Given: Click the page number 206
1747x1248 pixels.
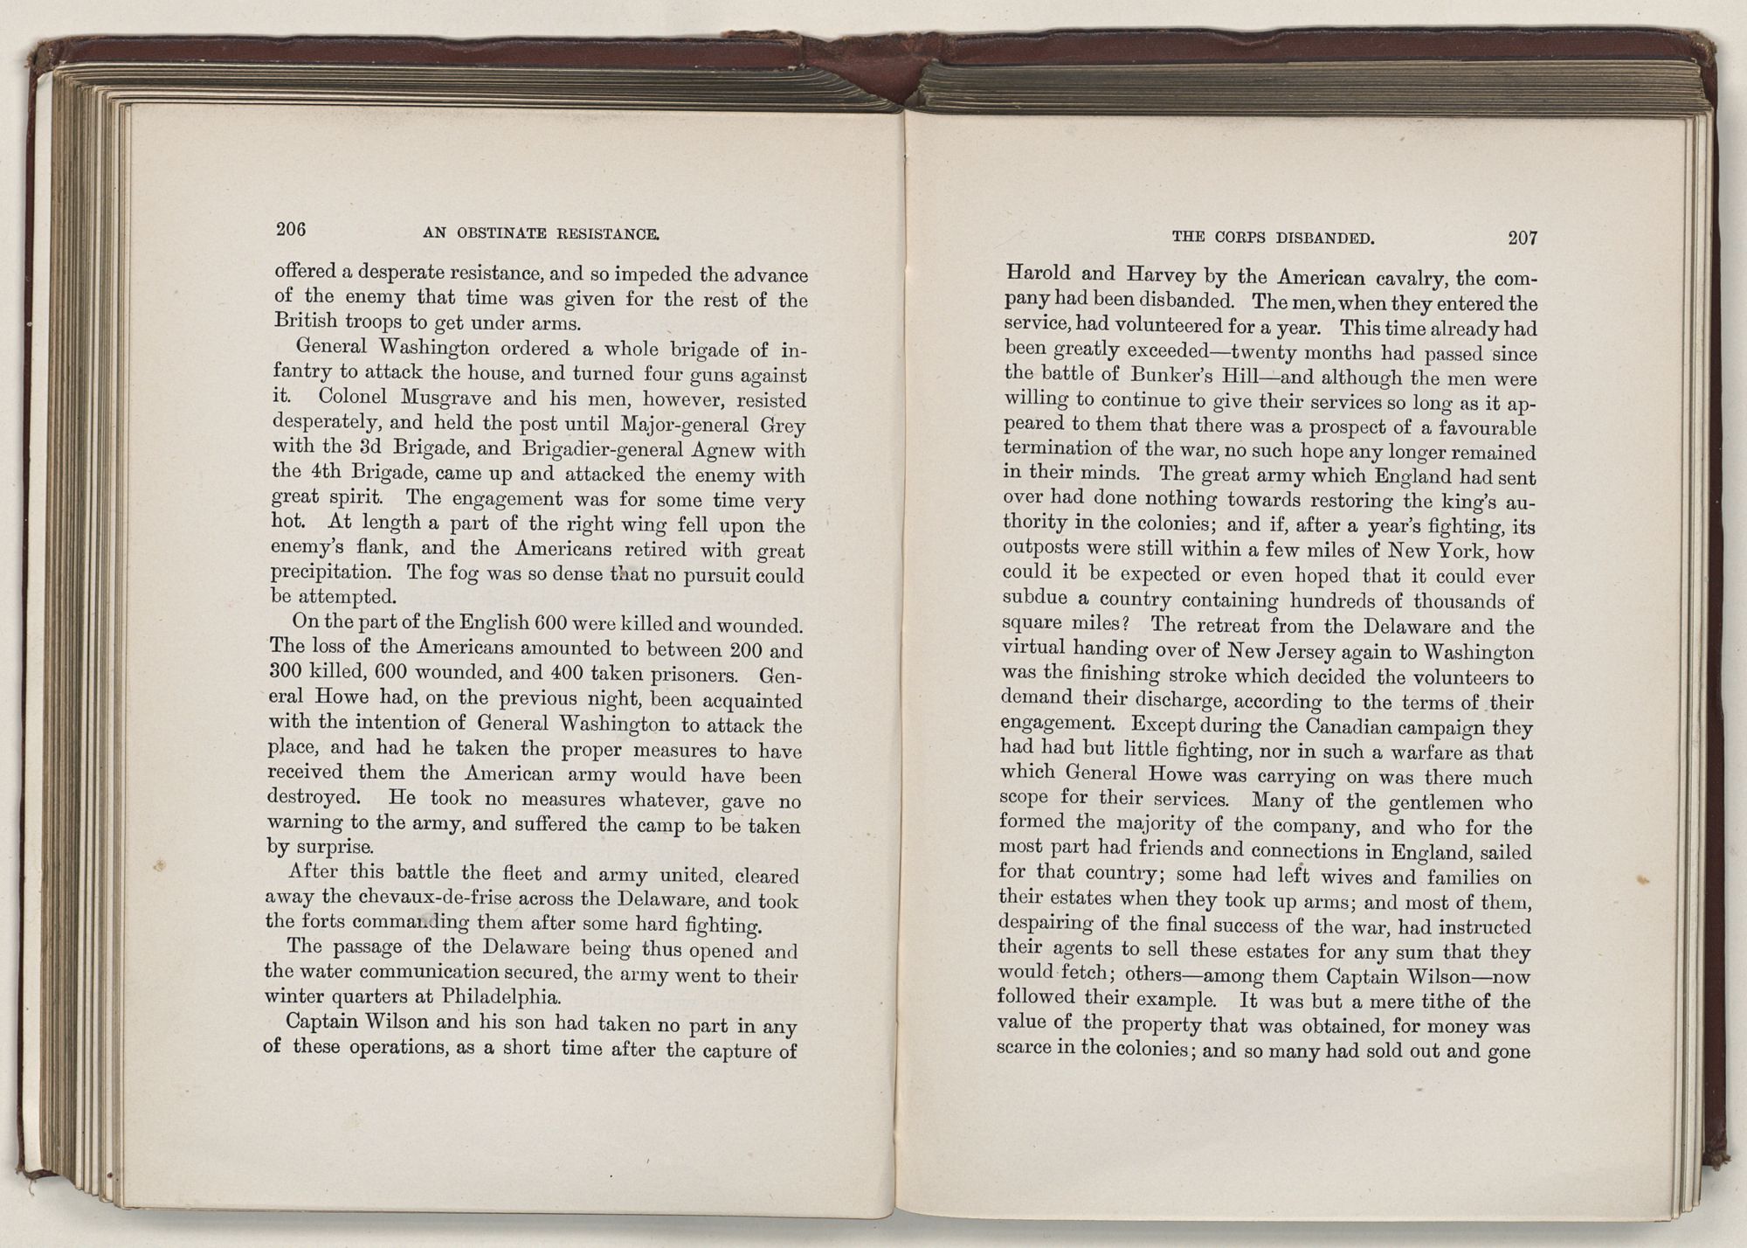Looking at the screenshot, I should pyautogui.click(x=291, y=229).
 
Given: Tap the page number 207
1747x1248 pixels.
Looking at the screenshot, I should pyautogui.click(x=1523, y=237).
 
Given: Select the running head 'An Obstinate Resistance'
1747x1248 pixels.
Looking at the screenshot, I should pyautogui.click(x=540, y=233).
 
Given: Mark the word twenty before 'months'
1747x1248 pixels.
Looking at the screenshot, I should pyautogui.click(x=1239, y=353).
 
